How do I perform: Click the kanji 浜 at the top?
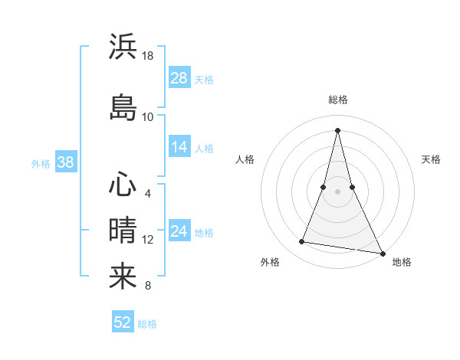tap(123, 46)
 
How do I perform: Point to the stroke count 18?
tap(148, 56)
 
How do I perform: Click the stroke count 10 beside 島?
tap(148, 116)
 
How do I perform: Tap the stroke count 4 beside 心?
tap(148, 194)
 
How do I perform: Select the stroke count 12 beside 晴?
tap(148, 240)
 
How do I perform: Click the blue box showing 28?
tap(179, 77)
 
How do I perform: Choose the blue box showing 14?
tap(179, 147)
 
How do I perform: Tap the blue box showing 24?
tap(179, 231)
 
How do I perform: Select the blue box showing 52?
tap(123, 322)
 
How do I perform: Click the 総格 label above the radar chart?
tap(337, 100)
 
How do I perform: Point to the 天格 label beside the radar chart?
tap(432, 159)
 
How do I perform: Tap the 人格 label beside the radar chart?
tap(245, 159)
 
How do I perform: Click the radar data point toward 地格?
tap(383, 253)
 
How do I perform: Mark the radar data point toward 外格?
tap(301, 242)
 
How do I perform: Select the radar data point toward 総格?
tap(337, 130)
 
